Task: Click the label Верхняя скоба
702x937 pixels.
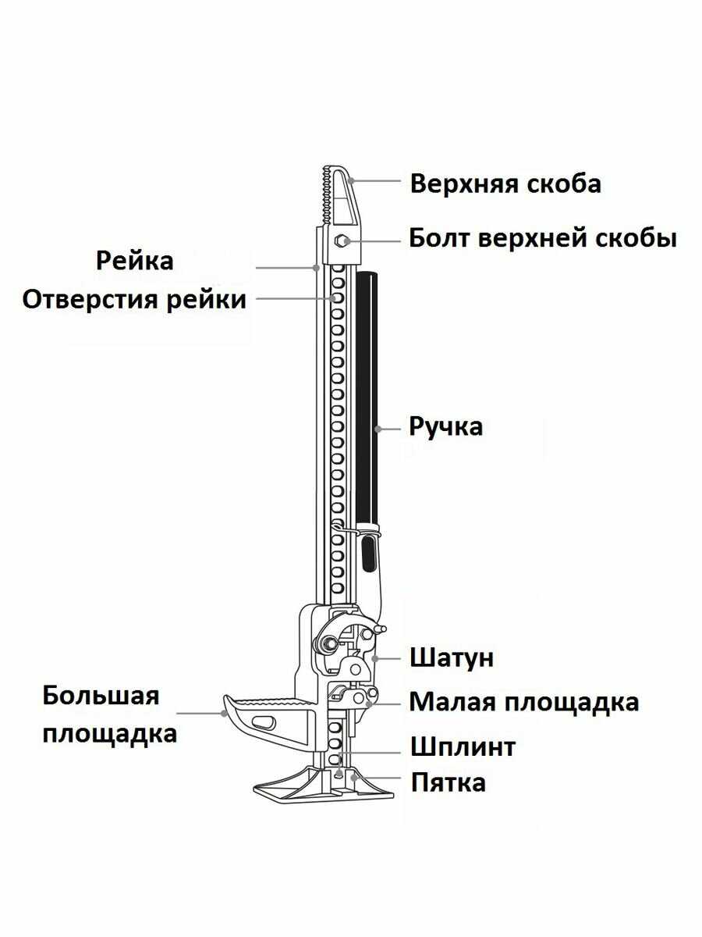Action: [x=505, y=184]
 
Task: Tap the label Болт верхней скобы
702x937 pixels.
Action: [x=543, y=238]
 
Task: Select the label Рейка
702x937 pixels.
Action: [x=135, y=260]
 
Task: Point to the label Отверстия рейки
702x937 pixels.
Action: [x=134, y=299]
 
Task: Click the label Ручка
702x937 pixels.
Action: [x=446, y=427]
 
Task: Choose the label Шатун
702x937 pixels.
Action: [x=452, y=657]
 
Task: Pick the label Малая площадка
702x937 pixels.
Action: [x=524, y=702]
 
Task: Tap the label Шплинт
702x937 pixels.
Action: [x=463, y=746]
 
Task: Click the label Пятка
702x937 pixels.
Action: [x=448, y=782]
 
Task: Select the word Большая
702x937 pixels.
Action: [x=101, y=695]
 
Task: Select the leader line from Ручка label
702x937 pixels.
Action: [x=391, y=428]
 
